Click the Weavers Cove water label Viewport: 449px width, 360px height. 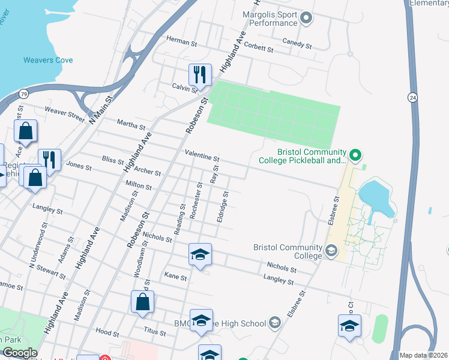48,60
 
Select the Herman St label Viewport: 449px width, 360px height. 181,41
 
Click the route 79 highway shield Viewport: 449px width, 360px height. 23,94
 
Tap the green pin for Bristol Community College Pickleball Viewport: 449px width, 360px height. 355,156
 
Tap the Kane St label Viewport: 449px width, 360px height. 176,277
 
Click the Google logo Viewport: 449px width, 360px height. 19,353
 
